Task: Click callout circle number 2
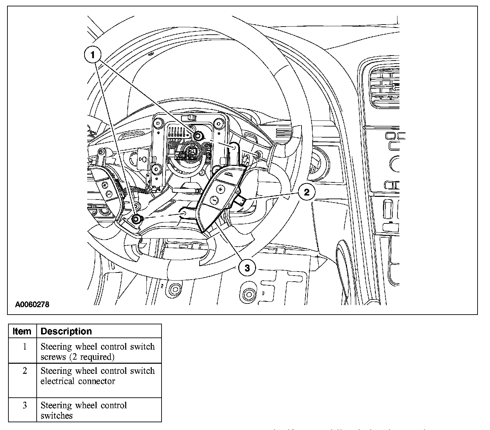coord(307,192)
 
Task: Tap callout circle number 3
coord(247,268)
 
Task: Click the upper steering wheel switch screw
coord(198,136)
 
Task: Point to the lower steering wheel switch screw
coord(136,219)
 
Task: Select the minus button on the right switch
coord(214,200)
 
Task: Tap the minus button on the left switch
coord(109,193)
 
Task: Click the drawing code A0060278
coord(32,305)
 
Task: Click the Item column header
coord(22,331)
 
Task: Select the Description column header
coord(66,331)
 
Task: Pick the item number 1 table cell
coord(24,347)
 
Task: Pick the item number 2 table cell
coord(24,371)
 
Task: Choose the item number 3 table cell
coord(24,405)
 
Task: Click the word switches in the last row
coord(56,416)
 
